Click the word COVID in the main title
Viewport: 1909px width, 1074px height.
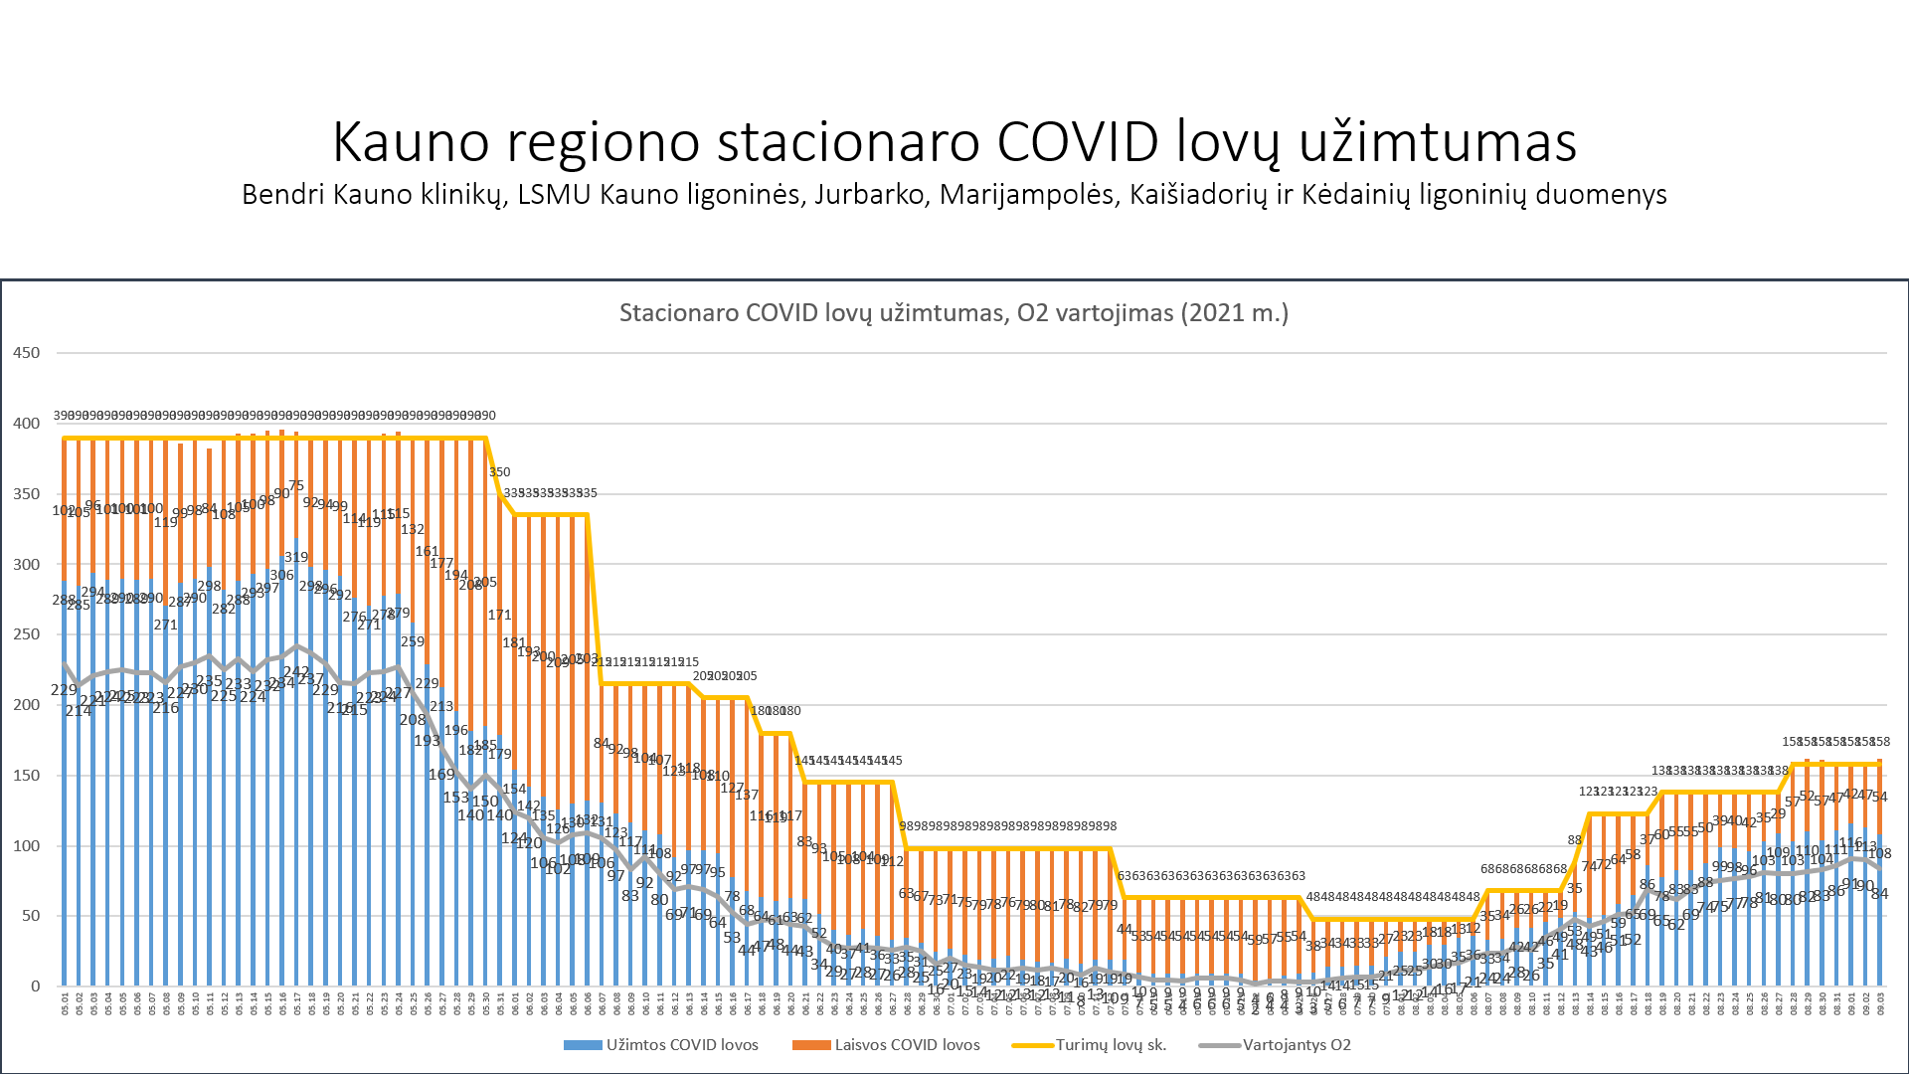click(1077, 141)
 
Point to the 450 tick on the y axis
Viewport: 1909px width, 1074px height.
click(27, 353)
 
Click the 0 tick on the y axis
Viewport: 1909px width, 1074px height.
click(36, 986)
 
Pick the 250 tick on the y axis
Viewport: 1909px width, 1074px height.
click(27, 634)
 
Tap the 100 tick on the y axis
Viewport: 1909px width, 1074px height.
click(27, 846)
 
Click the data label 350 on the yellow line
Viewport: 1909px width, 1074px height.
click(499, 472)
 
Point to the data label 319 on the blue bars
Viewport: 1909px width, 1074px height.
click(296, 557)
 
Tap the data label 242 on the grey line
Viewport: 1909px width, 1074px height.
click(296, 673)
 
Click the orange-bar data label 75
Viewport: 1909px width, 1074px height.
click(296, 486)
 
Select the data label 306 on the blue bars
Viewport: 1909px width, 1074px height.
click(281, 575)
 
